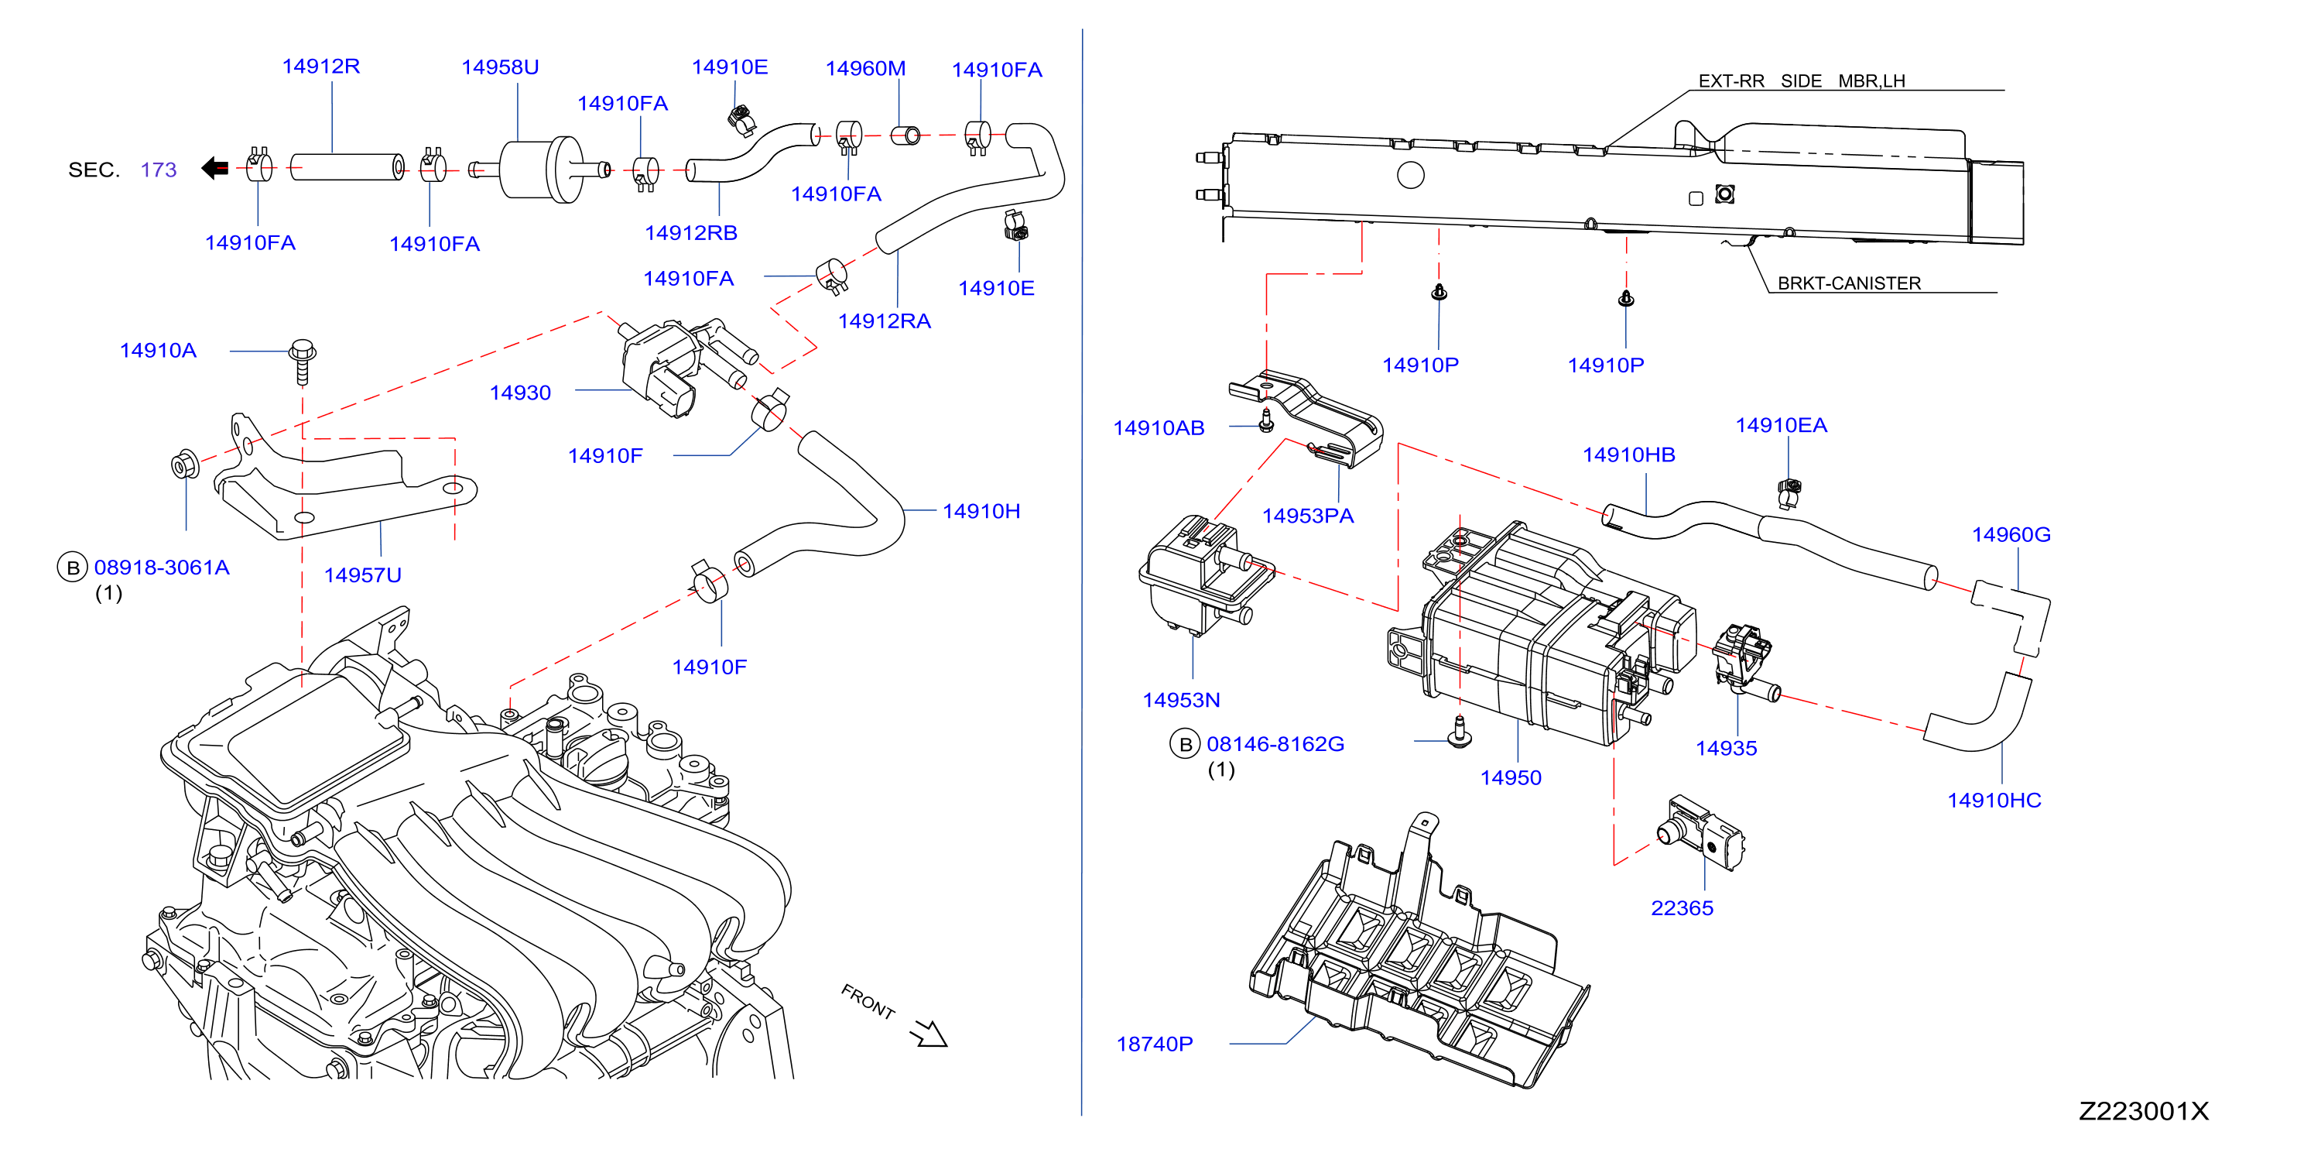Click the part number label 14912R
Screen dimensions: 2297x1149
321,66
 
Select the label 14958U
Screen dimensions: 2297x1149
500,67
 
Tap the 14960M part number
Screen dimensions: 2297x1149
866,68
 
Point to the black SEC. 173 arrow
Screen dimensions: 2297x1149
215,168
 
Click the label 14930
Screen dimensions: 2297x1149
521,393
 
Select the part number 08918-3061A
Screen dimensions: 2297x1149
163,568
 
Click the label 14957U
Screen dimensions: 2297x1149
363,575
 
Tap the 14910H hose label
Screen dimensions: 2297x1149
982,511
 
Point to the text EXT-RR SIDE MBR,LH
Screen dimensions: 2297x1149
1802,81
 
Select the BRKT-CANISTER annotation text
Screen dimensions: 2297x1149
1850,283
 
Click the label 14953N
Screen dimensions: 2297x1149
1182,700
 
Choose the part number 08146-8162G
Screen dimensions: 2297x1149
1276,744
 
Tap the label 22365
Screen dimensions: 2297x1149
1683,908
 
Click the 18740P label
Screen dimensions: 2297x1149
1155,1044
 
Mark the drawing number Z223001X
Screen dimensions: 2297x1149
2145,1112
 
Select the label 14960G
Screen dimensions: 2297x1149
2011,534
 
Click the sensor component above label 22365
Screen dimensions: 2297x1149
1700,833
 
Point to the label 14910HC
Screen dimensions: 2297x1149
1994,801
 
